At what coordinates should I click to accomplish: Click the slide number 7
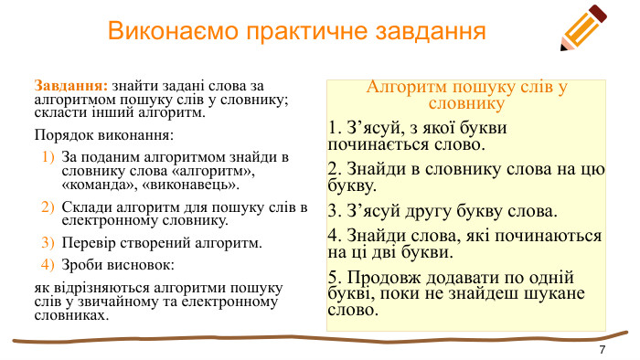point(602,351)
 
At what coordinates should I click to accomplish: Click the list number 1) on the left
point(49,157)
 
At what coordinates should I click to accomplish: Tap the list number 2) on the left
point(49,207)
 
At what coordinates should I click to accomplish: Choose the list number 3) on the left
point(49,243)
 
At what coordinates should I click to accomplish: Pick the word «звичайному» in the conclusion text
point(130,302)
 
